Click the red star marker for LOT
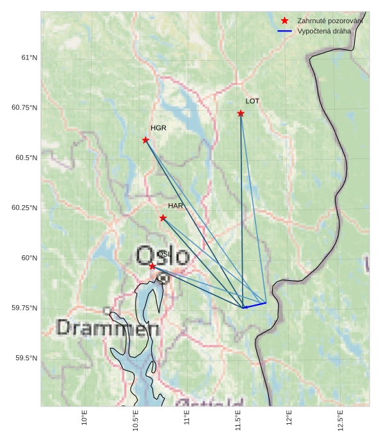(x=241, y=113)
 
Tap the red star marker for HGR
(x=145, y=140)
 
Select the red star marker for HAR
(x=163, y=218)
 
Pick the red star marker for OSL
(x=152, y=266)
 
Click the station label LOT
(x=252, y=101)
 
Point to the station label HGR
(x=158, y=128)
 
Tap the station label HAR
(x=175, y=206)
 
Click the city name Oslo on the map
(x=163, y=256)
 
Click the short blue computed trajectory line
(x=255, y=305)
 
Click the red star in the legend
(x=285, y=21)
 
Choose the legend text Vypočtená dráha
(x=324, y=31)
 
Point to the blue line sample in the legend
(x=285, y=31)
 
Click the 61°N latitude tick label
(x=29, y=58)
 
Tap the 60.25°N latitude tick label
(x=24, y=208)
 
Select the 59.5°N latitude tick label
(x=27, y=358)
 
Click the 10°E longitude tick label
(x=85, y=417)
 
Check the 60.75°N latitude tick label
(x=24, y=108)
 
